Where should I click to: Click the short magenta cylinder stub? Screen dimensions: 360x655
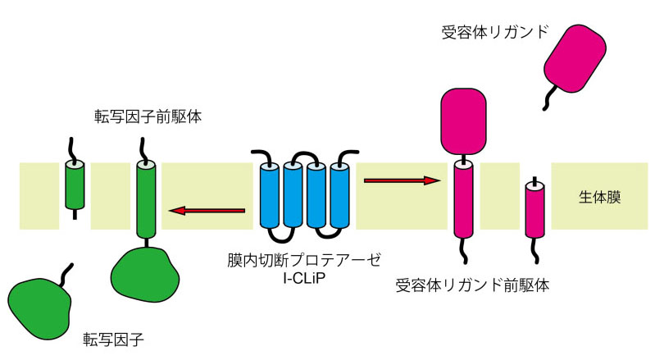tap(535, 209)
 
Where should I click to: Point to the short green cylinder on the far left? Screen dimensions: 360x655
tap(75, 186)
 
